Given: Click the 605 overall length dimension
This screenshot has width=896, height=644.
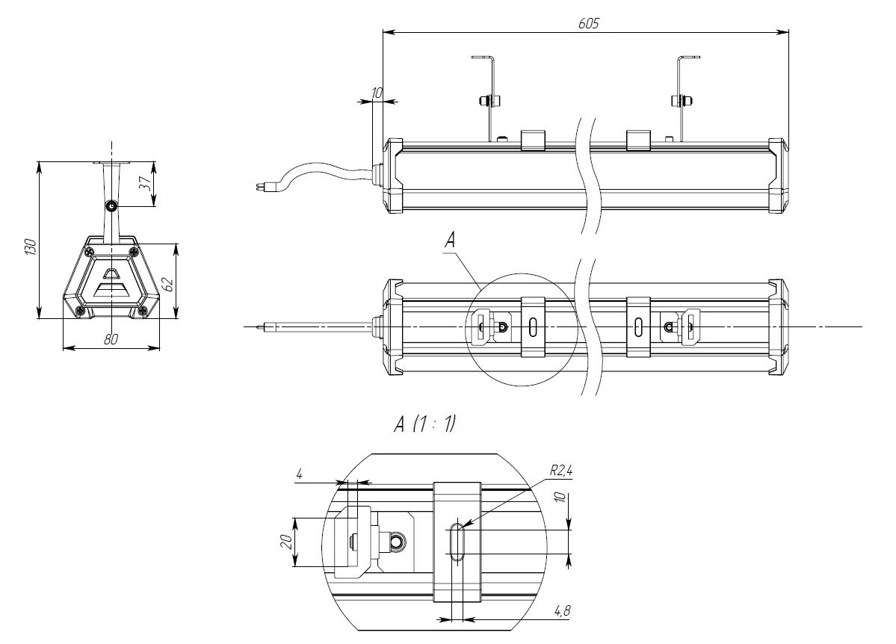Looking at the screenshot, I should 588,23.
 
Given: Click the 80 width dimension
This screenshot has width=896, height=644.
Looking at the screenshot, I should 111,339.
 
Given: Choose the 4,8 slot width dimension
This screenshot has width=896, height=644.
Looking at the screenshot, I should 562,610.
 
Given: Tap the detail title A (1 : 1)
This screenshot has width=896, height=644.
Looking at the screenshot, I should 424,425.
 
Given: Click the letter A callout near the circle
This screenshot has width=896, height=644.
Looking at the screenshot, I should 449,239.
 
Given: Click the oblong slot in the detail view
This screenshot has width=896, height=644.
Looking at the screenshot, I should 457,541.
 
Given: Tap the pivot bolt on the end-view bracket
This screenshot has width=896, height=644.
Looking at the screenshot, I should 112,205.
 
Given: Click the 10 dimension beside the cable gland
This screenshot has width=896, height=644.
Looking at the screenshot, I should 377,93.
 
